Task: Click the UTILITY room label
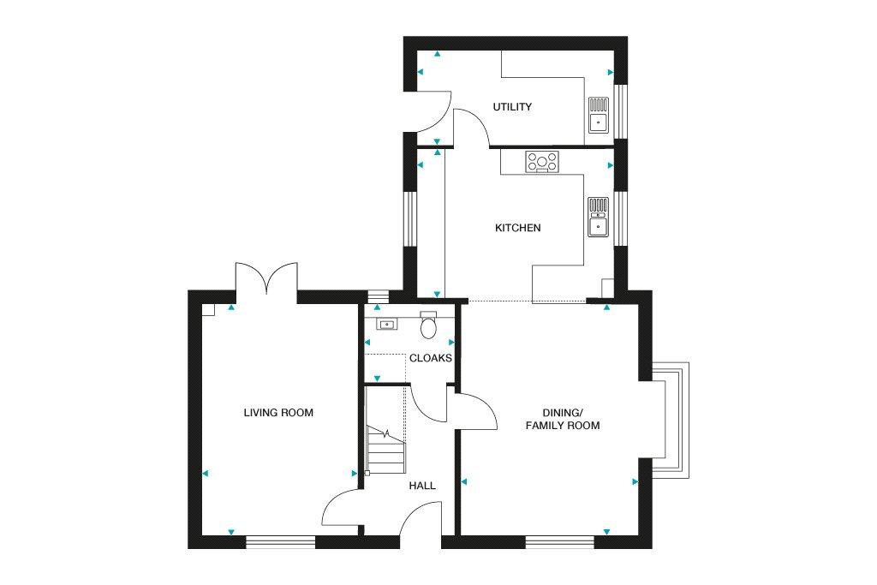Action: click(512, 107)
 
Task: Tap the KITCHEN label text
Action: click(518, 228)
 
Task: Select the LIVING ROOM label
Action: click(278, 413)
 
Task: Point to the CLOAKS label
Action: click(430, 358)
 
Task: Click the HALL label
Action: click(422, 486)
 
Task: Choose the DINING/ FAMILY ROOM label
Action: click(563, 419)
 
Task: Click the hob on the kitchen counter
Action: click(542, 162)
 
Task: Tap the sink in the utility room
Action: click(598, 116)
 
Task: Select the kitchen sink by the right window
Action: click(598, 217)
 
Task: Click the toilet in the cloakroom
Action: click(428, 325)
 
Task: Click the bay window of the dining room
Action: click(671, 420)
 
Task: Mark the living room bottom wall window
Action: click(281, 541)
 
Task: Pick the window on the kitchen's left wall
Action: click(410, 219)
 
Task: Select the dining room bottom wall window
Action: click(560, 541)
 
